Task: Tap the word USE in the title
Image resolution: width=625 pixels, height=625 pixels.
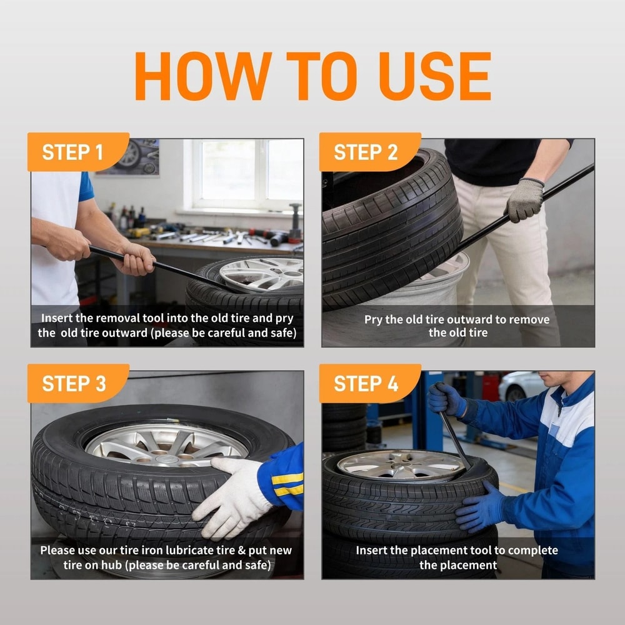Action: (x=434, y=76)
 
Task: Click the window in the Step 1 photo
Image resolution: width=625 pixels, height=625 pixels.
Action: (x=247, y=173)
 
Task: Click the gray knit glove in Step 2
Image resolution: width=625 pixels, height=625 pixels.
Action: (x=525, y=199)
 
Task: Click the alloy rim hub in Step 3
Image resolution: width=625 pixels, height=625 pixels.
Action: (x=167, y=445)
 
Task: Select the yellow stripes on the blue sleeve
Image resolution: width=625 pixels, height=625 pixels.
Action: (x=287, y=484)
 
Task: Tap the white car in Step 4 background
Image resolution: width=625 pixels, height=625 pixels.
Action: (x=520, y=386)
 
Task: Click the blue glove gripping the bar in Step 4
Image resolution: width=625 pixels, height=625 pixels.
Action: (x=446, y=399)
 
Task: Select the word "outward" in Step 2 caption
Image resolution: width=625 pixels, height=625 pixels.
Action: (x=466, y=319)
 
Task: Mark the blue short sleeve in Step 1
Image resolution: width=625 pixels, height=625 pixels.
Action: (x=86, y=186)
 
